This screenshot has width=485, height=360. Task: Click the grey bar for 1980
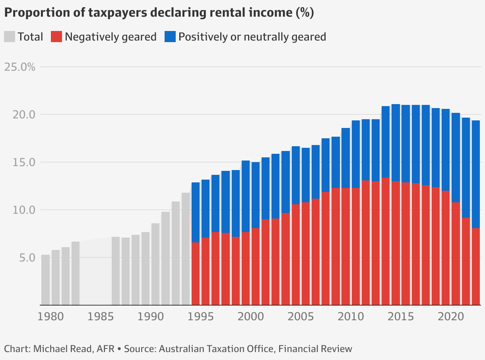[46, 280]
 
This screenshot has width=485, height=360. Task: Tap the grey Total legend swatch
[10, 37]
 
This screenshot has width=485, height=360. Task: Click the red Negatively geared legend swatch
[56, 37]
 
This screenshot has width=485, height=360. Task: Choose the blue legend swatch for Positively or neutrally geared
[170, 37]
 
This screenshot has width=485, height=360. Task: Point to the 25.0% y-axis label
[19, 67]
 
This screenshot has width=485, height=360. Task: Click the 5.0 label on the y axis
[26, 257]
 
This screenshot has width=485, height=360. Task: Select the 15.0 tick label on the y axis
[23, 162]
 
